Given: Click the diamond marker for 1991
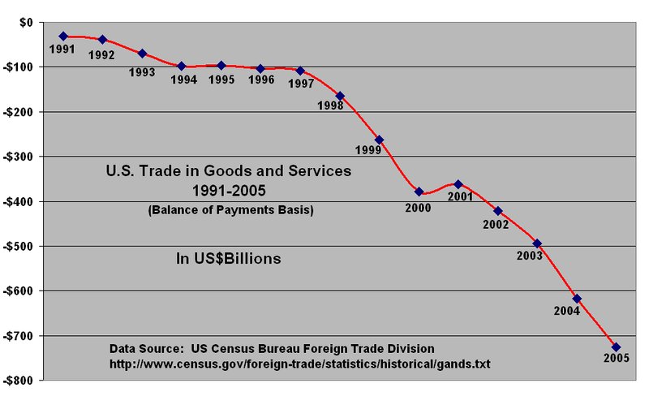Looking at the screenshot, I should pos(63,36).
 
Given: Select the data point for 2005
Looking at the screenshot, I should pos(616,347).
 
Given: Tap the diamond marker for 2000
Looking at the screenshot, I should pos(419,192).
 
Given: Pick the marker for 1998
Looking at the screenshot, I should pos(340,96).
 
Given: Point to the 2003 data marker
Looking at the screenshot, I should pos(537,243).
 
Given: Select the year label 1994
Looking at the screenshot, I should pos(185,80).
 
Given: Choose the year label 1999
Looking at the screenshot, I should pos(369,150).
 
